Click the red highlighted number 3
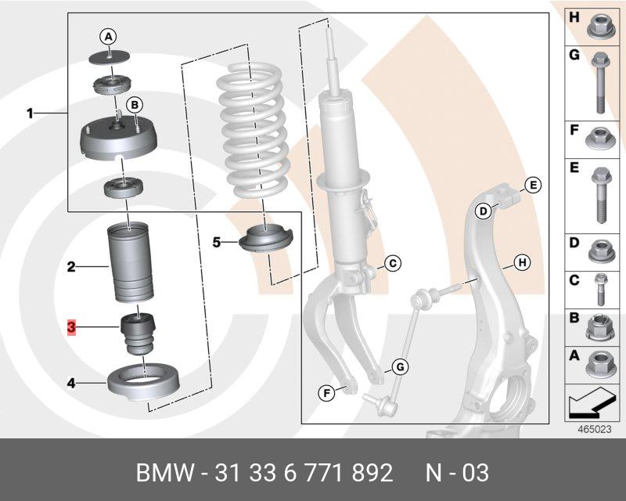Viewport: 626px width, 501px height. pos(71,327)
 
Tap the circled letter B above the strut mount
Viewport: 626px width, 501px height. pos(135,105)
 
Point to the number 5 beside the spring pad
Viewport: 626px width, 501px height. pos(217,242)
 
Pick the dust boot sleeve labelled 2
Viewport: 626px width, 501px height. pos(131,263)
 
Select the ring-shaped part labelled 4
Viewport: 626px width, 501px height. pos(144,381)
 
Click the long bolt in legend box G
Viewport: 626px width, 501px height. pos(600,83)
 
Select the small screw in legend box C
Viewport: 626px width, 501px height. pos(600,290)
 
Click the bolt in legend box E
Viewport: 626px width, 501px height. pos(601,196)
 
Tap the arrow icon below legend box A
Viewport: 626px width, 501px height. pos(591,403)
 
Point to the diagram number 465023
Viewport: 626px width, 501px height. pos(595,430)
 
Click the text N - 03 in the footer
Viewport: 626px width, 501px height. pos(457,473)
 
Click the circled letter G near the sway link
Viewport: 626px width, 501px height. pos(400,367)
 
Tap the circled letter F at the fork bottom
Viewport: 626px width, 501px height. pos(326,394)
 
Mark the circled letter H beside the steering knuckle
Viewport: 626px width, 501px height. pos(521,263)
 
